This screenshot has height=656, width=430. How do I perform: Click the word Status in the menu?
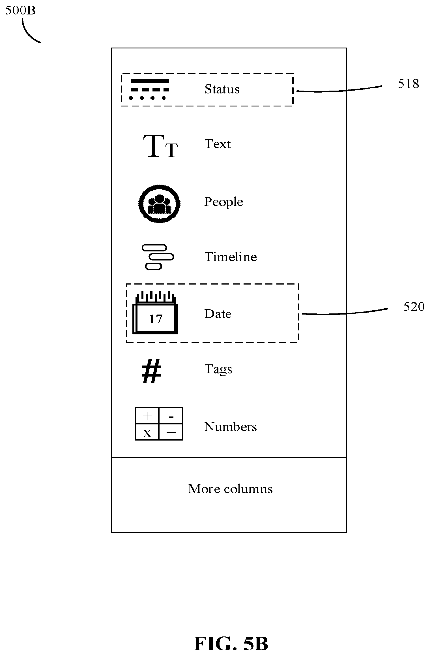click(x=222, y=89)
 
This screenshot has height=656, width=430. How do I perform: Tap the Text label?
click(x=218, y=144)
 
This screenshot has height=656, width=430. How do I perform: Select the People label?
click(x=224, y=202)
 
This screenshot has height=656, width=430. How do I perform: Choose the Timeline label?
click(x=231, y=257)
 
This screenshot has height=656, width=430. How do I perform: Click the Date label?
click(x=218, y=314)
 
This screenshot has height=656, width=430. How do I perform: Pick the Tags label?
click(x=218, y=369)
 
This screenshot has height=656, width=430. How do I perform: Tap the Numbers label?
click(x=231, y=427)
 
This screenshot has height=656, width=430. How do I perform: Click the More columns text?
click(x=230, y=489)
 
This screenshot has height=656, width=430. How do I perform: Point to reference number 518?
click(x=408, y=84)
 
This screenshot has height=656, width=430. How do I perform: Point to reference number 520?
click(x=414, y=307)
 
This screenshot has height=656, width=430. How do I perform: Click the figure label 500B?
click(x=20, y=10)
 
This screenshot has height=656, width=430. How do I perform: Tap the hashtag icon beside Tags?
click(x=152, y=371)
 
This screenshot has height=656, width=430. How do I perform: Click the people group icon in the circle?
click(x=160, y=204)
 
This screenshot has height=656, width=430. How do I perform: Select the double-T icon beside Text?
click(x=160, y=146)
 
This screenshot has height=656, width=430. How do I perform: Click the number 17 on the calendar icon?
click(x=155, y=319)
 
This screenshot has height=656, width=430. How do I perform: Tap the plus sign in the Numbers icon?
click(x=147, y=416)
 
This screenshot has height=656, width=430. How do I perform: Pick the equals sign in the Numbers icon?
click(x=171, y=431)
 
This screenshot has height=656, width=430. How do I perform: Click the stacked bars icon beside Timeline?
click(x=158, y=257)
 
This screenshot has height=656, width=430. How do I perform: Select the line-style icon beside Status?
click(x=149, y=89)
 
